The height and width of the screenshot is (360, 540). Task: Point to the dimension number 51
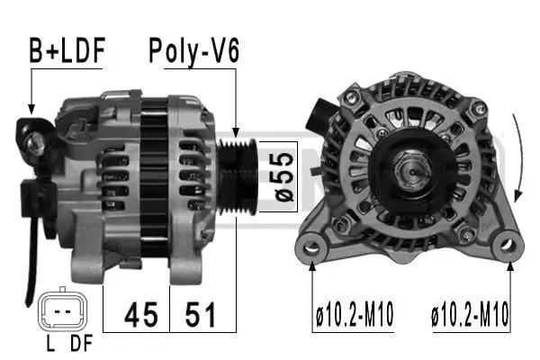click(200, 314)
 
